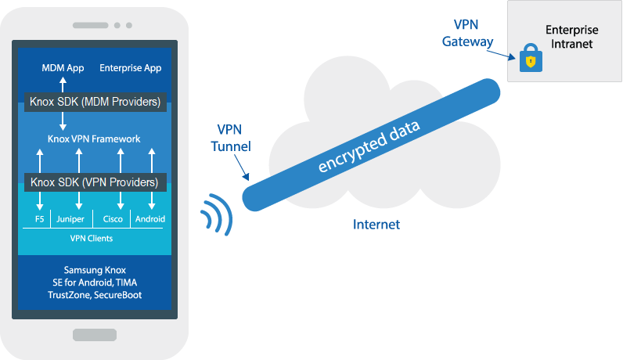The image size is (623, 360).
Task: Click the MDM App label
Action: pos(63,68)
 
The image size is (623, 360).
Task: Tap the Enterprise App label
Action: pos(131,68)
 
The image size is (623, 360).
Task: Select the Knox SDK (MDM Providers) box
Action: pos(95,102)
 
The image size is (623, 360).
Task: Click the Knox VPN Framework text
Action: pos(94,139)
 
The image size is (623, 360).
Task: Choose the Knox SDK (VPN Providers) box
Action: pos(95,182)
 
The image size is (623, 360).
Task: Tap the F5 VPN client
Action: pos(39,219)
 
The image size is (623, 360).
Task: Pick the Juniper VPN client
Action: pos(70,219)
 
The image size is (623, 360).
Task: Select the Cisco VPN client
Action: pos(113,219)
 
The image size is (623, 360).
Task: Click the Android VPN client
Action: pos(150,219)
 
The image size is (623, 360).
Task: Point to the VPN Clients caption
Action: pos(92,239)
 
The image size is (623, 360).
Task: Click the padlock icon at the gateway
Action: pos(531,58)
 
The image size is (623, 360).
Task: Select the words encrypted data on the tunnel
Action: pos(369,146)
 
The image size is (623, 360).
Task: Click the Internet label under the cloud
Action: pos(376,225)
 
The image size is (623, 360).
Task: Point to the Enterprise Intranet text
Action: pos(572,37)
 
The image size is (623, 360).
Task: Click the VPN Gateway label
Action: pos(467,33)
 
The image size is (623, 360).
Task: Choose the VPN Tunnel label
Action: pos(230,138)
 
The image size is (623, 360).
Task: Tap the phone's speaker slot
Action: pos(91,25)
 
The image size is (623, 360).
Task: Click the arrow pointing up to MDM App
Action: pos(63,85)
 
